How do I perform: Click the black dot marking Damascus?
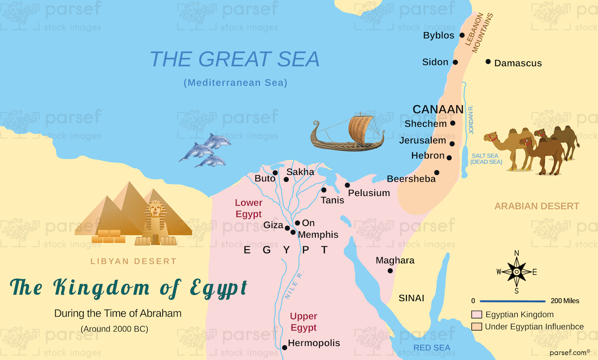(488, 62)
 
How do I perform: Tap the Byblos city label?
(438, 36)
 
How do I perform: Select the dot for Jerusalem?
(452, 144)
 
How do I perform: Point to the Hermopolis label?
(313, 343)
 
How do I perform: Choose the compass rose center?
(517, 272)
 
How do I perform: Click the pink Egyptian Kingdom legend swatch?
(477, 315)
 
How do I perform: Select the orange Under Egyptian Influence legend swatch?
(477, 327)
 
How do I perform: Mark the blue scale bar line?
(513, 301)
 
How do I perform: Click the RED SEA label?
(432, 347)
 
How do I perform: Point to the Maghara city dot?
(390, 271)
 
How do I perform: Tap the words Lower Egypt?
(249, 209)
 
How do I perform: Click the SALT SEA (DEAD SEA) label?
(486, 158)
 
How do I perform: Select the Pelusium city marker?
(348, 185)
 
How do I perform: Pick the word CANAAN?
(438, 109)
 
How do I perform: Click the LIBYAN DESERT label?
(134, 261)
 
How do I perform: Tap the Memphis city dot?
(293, 232)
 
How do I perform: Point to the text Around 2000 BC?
(114, 329)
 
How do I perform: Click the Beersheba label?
(411, 179)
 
